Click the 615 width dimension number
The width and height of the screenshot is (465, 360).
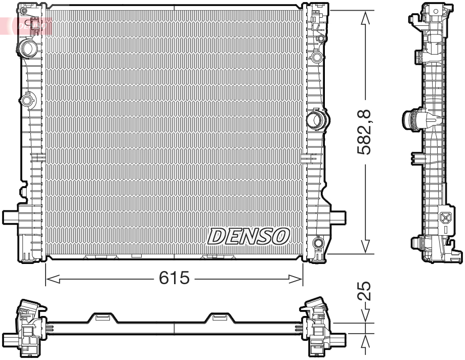(175, 278)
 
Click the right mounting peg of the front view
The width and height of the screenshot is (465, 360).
(337, 217)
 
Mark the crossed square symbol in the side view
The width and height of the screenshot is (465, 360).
(446, 218)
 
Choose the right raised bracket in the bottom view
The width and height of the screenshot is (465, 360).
(220, 318)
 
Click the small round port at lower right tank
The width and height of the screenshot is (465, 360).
(318, 243)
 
